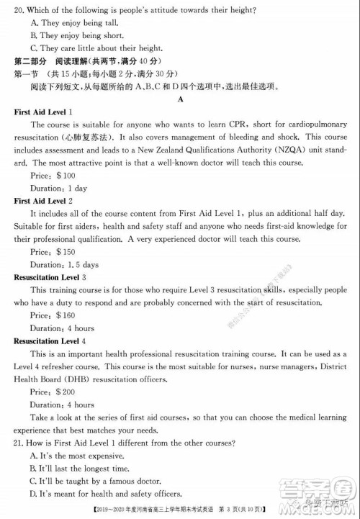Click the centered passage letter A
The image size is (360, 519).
[x=180, y=99]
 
